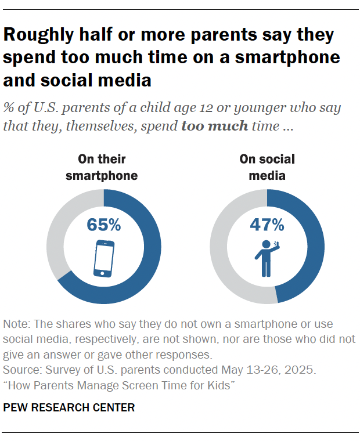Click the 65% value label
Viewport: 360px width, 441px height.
click(x=104, y=225)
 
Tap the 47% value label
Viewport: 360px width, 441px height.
click(x=267, y=225)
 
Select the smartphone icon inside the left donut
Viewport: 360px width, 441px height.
click(x=104, y=258)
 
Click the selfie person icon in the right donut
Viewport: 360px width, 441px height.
click(x=266, y=258)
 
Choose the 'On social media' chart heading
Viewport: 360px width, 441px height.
click(x=267, y=167)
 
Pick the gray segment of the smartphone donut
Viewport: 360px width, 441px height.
click(x=55, y=232)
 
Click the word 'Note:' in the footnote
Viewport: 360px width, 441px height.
click(x=16, y=324)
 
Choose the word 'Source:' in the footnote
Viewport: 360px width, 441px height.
click(x=21, y=369)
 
